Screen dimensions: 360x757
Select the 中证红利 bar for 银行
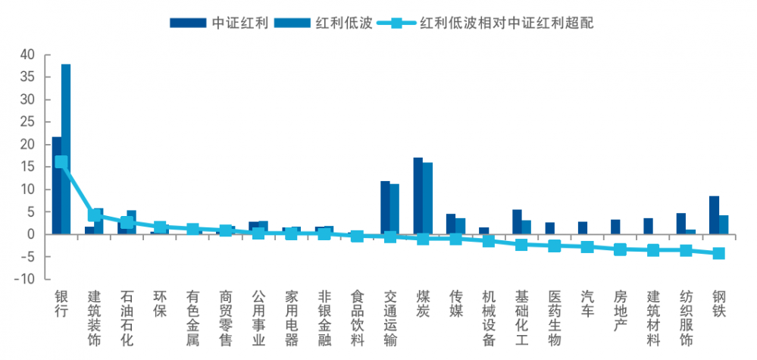[x=57, y=186]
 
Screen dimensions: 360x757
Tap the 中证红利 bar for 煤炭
[x=418, y=196]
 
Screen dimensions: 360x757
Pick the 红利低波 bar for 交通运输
[x=394, y=209]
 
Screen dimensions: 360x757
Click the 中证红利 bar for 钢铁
[x=714, y=215]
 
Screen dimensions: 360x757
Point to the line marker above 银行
[x=61, y=162]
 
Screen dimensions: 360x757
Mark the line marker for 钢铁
[x=718, y=253]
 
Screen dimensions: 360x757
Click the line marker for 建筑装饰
[x=94, y=216]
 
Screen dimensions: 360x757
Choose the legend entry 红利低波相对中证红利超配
[x=493, y=23]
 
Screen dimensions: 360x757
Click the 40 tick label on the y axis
[x=27, y=55]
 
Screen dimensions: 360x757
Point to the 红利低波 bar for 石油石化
[x=131, y=222]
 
